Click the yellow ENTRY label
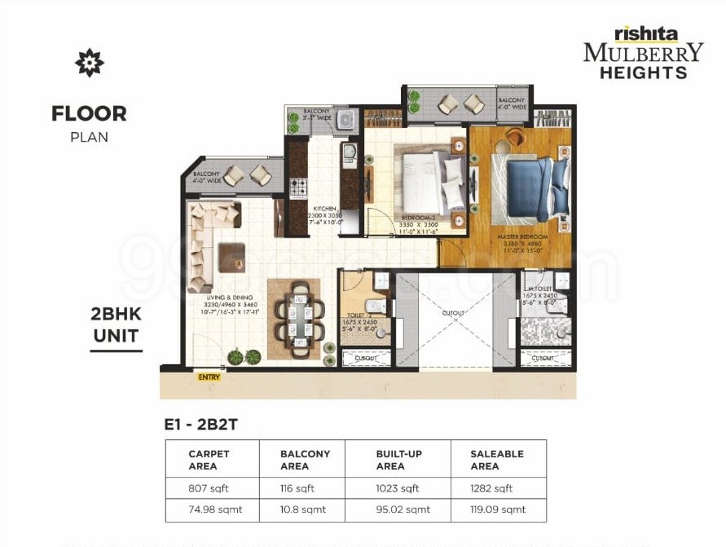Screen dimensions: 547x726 209,377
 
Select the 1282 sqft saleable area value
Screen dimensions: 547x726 491,488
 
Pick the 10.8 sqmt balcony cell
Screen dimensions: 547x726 302,510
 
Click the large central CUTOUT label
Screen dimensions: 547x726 454,313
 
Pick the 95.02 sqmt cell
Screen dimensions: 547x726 397,510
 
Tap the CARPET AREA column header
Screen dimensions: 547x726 209,460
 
